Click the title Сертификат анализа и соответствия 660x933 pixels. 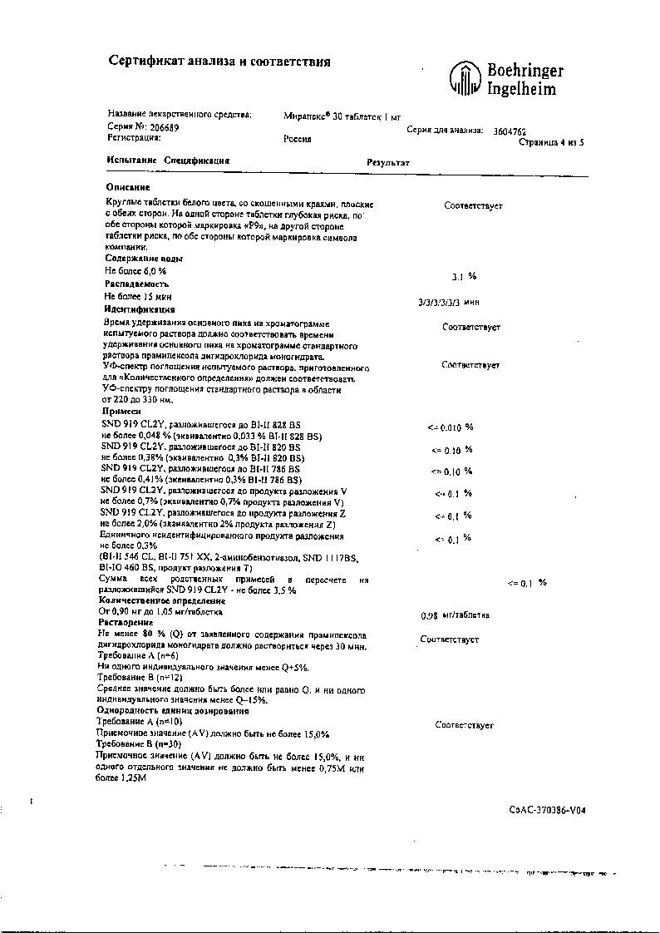click(x=220, y=62)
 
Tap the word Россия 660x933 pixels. click(x=297, y=139)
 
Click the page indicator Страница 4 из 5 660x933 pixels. click(x=551, y=142)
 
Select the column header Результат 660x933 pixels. click(x=388, y=162)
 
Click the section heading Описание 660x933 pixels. click(x=128, y=187)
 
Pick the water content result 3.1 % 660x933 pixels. click(x=463, y=275)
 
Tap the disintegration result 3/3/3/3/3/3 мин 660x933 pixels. click(x=449, y=302)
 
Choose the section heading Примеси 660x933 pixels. click(x=121, y=411)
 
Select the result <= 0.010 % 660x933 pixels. click(x=450, y=427)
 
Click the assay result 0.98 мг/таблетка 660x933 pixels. click(x=456, y=615)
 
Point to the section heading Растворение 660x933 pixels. click(x=125, y=622)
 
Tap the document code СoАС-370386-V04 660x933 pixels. click(x=547, y=809)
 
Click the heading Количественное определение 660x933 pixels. click(x=161, y=600)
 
